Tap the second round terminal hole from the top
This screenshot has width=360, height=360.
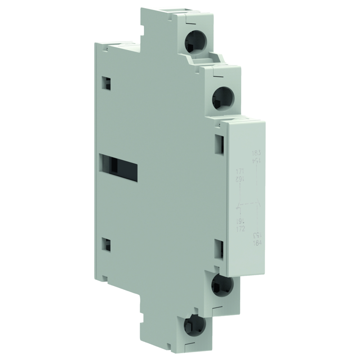pyautogui.click(x=222, y=96)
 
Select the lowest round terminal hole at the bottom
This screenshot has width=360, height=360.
pyautogui.click(x=195, y=324)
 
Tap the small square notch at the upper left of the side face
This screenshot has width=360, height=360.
pyautogui.click(x=106, y=82)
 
